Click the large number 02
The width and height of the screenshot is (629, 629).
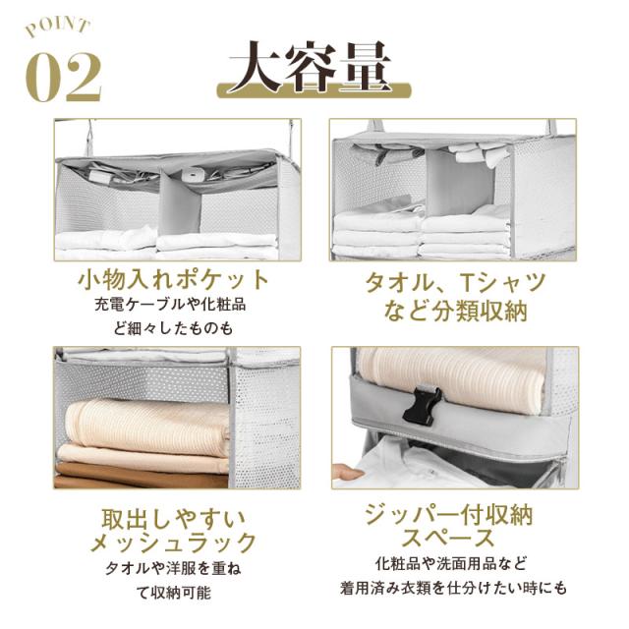[x=63, y=77]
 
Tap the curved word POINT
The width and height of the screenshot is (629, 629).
[x=57, y=28]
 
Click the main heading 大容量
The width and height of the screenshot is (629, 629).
[x=311, y=67]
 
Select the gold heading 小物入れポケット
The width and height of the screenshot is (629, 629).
[x=173, y=280]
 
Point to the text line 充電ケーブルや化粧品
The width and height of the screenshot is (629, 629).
[x=170, y=305]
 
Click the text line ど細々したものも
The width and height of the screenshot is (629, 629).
[x=173, y=328]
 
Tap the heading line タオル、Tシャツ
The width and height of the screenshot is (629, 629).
[x=456, y=282]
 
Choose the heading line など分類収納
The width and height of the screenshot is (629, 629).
[x=456, y=312]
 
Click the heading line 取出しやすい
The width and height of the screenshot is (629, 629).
[x=173, y=520]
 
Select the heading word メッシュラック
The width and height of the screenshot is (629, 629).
[x=173, y=543]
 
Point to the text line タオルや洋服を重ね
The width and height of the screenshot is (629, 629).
[x=173, y=568]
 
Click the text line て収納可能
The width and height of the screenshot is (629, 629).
[x=173, y=593]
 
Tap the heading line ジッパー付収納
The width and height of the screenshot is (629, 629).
[x=448, y=514]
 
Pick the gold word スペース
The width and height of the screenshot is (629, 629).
[x=448, y=539]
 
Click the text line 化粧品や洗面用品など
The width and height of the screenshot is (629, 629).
[x=451, y=563]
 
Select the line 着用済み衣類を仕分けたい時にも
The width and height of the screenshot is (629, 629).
[x=453, y=588]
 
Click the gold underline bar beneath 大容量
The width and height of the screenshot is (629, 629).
[x=314, y=90]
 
